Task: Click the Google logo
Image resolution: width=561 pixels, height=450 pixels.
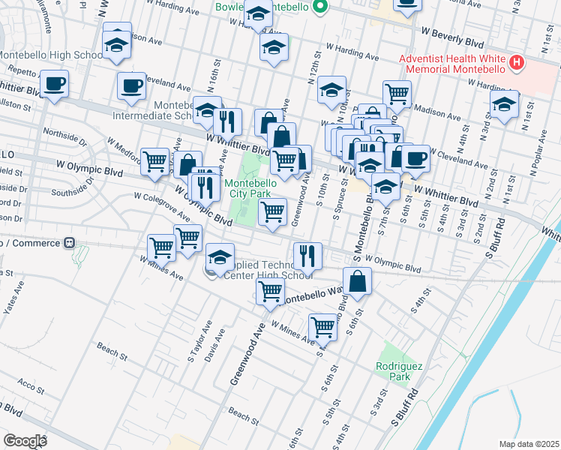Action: tap(24, 440)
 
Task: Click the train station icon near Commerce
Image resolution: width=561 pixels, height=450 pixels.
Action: tap(69, 242)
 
